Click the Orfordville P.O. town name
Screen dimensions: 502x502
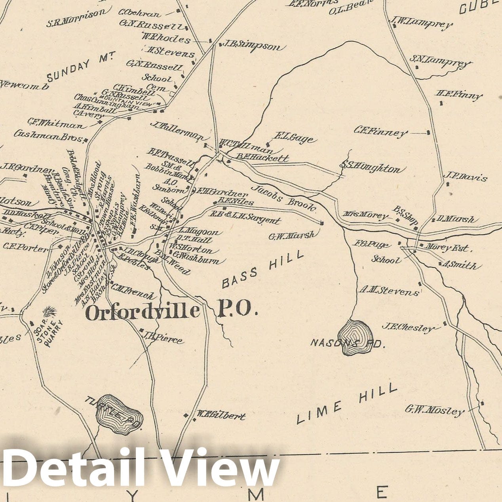click(x=171, y=312)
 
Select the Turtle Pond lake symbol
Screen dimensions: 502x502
click(x=119, y=414)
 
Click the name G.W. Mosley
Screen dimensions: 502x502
click(x=434, y=410)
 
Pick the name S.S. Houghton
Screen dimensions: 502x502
click(x=370, y=168)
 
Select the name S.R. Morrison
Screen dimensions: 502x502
click(x=76, y=19)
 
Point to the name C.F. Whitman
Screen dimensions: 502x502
click(x=56, y=123)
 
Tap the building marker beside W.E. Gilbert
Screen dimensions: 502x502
click(x=186, y=415)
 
